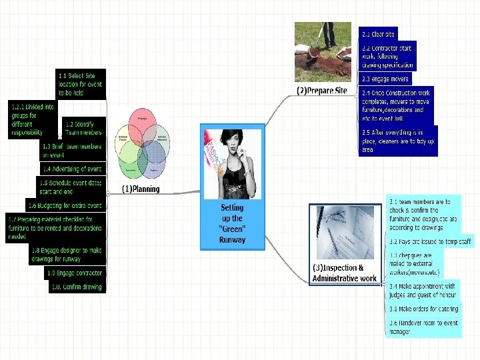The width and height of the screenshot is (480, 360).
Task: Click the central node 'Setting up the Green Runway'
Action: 232,223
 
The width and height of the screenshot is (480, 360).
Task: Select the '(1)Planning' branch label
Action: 141,189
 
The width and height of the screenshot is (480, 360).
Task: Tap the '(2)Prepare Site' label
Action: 322,90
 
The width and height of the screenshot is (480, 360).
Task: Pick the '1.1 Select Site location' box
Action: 80,84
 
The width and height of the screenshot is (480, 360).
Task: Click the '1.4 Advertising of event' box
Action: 72,169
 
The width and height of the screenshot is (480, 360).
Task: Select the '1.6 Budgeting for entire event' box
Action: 65,205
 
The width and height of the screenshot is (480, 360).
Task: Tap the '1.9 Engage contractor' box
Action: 75,273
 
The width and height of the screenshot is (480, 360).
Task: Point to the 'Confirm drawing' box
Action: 77,287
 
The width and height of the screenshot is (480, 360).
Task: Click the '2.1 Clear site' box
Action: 378,34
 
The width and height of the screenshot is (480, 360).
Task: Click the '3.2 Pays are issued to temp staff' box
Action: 430,241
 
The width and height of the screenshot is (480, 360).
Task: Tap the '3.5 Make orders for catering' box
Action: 423,309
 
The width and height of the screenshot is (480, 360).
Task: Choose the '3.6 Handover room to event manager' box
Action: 423,327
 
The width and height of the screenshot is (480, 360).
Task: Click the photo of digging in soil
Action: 323,52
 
